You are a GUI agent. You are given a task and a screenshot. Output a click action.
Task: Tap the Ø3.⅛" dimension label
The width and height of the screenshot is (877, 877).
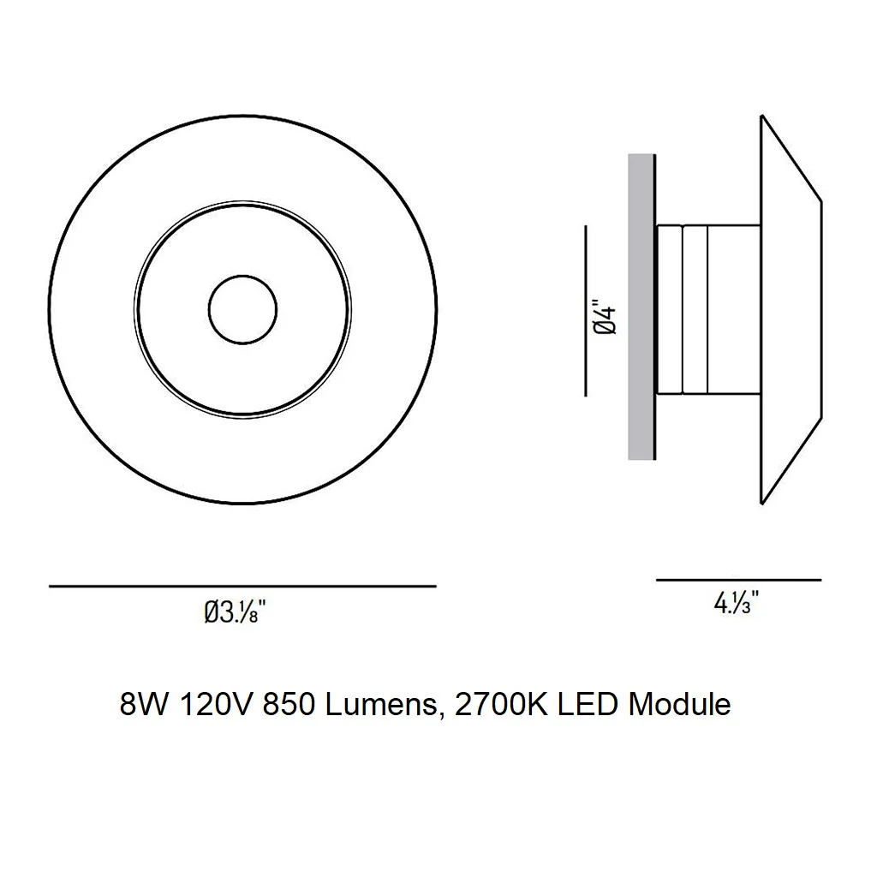click(235, 612)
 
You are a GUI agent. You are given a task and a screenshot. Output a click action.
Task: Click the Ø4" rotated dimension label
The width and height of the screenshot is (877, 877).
click(606, 320)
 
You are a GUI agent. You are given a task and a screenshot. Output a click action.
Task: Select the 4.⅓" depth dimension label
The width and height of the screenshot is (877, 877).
click(736, 603)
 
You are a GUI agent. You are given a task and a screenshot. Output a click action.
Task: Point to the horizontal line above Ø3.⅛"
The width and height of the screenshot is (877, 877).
click(242, 586)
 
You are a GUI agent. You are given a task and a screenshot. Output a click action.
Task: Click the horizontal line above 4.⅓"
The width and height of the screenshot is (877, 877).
click(739, 580)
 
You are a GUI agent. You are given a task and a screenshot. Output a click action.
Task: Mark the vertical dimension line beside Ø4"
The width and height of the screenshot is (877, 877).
click(586, 311)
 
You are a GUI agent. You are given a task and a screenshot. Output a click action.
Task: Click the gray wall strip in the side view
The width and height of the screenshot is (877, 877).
click(641, 307)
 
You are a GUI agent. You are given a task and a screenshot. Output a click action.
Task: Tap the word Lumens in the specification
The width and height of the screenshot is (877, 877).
click(381, 704)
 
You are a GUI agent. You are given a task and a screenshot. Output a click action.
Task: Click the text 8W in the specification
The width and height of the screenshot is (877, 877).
click(143, 704)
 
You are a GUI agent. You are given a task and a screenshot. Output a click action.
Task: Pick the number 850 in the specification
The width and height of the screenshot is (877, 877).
click(289, 704)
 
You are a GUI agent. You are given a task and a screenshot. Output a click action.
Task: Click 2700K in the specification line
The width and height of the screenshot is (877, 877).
click(501, 704)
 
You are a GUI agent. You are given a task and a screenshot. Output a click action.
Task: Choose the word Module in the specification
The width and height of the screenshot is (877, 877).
click(679, 704)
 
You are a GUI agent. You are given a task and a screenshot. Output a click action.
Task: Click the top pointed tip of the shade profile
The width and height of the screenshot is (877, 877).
click(761, 116)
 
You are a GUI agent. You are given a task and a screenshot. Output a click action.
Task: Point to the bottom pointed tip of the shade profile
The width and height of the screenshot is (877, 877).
click(761, 504)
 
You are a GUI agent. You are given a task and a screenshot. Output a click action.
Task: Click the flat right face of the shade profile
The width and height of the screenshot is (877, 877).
click(821, 309)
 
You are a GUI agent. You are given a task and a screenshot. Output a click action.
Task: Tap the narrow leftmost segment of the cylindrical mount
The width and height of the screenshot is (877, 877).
click(670, 309)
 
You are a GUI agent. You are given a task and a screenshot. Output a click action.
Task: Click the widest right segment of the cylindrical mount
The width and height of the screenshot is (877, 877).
click(734, 309)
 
